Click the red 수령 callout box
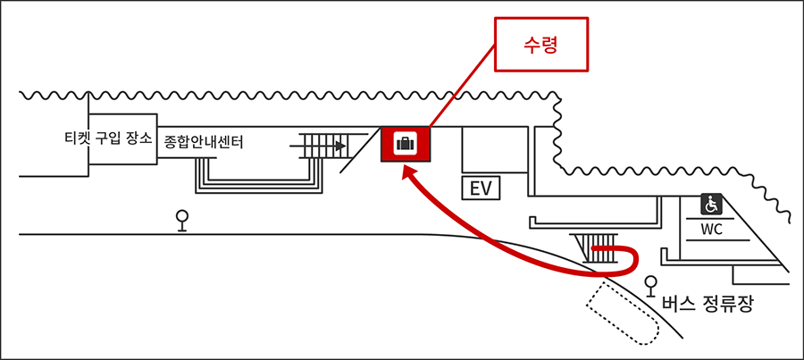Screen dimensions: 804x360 [541, 44]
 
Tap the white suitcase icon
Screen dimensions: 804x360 [406, 144]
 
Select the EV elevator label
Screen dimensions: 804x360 [481, 188]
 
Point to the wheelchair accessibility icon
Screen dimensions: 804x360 [712, 204]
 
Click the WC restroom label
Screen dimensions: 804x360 [712, 230]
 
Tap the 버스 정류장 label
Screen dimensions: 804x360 [708, 304]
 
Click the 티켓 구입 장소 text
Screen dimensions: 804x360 [108, 138]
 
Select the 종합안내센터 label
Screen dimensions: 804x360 [203, 142]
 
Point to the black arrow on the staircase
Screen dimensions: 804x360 [317, 147]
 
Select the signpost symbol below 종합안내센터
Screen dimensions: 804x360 [181, 221]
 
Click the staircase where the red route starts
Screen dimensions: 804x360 [597, 248]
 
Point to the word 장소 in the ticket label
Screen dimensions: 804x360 [139, 138]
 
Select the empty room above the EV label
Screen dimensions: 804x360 [495, 149]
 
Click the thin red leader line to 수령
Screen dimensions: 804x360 [461, 85]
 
